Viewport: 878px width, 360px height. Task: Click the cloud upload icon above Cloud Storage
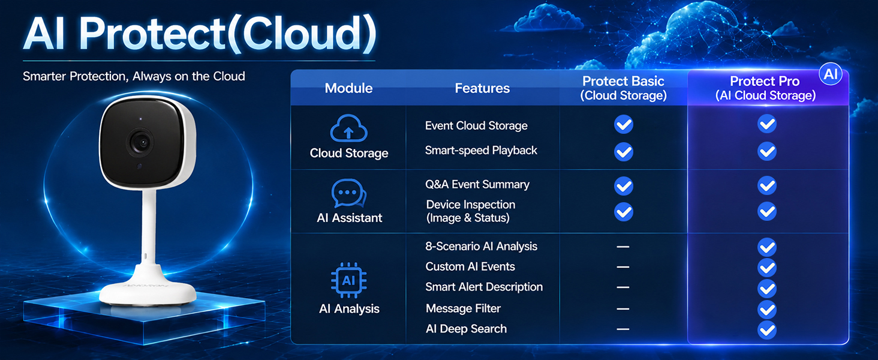348,128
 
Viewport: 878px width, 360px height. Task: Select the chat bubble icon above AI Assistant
349,193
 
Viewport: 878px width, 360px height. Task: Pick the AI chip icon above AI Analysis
349,280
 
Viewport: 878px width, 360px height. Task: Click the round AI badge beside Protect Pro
831,74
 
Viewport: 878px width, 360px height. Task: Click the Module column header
348,88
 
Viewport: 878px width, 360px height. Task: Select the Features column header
482,88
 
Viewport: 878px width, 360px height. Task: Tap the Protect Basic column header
623,88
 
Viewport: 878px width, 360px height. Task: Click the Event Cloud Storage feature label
476,125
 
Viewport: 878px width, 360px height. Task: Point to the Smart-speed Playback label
481,150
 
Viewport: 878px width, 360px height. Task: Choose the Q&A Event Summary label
477,184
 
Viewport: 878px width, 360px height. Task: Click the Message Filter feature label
464,308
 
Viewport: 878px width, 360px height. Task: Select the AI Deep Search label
466,329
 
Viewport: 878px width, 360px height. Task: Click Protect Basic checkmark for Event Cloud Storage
623,124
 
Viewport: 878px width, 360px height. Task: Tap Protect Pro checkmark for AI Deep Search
766,330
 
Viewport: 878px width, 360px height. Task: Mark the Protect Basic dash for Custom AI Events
623,267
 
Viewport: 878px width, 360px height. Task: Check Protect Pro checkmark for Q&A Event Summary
766,185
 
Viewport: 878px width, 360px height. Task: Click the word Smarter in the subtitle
44,76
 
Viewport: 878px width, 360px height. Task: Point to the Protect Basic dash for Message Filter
623,309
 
